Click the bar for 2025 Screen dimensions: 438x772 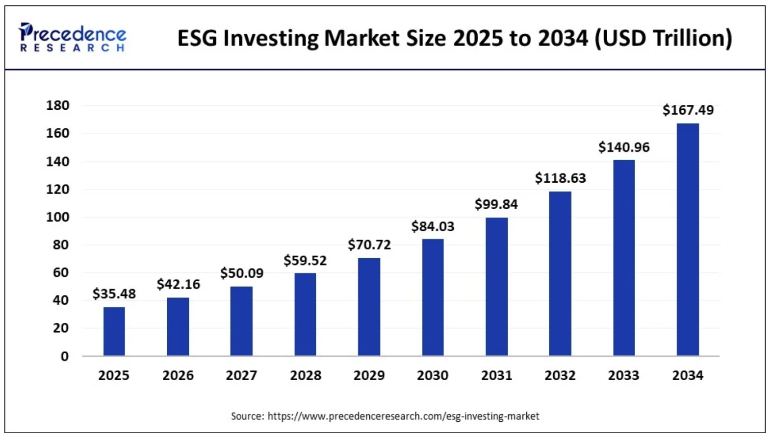(114, 331)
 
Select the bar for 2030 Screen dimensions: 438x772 (433, 297)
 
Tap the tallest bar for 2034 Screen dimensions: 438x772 (688, 240)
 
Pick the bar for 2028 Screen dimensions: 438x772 (305, 314)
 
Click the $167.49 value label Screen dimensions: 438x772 (688, 110)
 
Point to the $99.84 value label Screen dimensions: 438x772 (496, 204)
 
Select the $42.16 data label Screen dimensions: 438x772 (178, 285)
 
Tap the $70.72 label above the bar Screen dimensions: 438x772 (369, 245)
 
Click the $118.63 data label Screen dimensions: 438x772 (560, 178)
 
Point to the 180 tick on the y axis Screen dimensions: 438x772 (57, 105)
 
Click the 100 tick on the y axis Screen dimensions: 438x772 (57, 217)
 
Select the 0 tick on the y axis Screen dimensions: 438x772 (64, 357)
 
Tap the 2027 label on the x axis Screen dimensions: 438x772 (241, 376)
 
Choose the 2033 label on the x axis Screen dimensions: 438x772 (623, 376)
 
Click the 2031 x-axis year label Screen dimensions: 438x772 (496, 376)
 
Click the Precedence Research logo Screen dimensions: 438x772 (72, 38)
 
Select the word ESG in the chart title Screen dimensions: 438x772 (197, 38)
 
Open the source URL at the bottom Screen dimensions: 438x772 (403, 416)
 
